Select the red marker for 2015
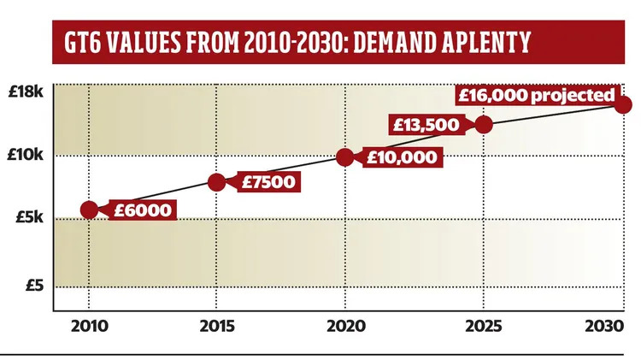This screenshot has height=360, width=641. tap(217, 181)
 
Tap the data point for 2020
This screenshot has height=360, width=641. tap(345, 156)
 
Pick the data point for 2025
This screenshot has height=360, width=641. tap(484, 124)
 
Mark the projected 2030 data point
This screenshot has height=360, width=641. tap(623, 104)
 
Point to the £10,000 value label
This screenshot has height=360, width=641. tap(402, 156)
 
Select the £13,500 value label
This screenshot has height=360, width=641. tap(426, 124)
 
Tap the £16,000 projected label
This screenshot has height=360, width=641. tap(536, 94)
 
